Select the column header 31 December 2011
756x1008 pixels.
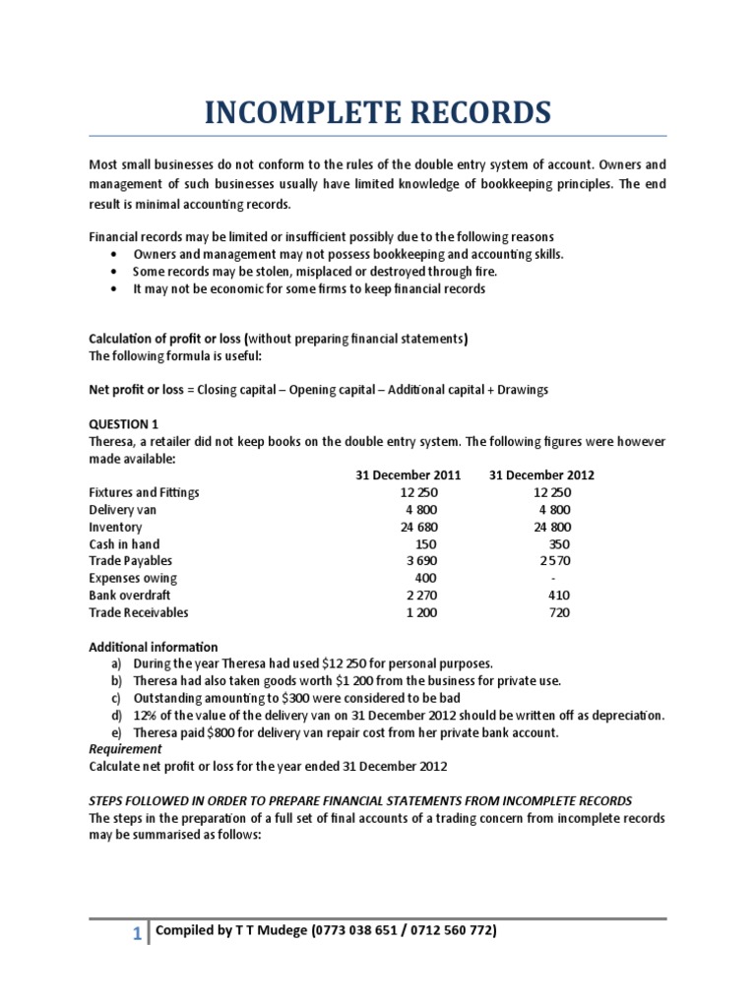[408, 475]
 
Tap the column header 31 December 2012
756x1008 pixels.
[541, 475]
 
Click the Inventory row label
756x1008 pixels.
[115, 527]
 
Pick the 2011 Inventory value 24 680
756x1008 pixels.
[418, 527]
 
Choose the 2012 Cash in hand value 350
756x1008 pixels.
[559, 544]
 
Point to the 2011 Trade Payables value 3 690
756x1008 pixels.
[420, 561]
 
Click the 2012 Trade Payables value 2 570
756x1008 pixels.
[554, 561]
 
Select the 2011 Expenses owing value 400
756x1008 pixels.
[425, 578]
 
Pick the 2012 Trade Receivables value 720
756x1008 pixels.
[559, 612]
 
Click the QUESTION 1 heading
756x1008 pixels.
[123, 424]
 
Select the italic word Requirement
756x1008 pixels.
[125, 748]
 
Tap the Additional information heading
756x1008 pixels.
[154, 647]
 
